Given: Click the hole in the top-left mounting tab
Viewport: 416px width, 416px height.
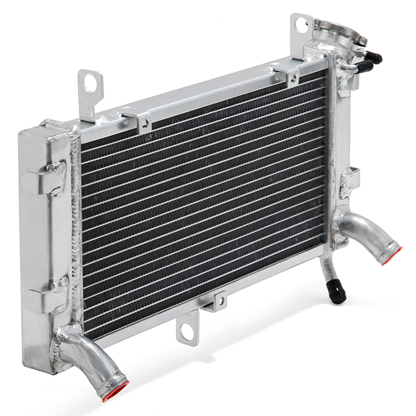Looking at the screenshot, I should pos(90,82).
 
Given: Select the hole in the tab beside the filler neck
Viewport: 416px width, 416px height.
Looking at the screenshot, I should pos(301,23).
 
